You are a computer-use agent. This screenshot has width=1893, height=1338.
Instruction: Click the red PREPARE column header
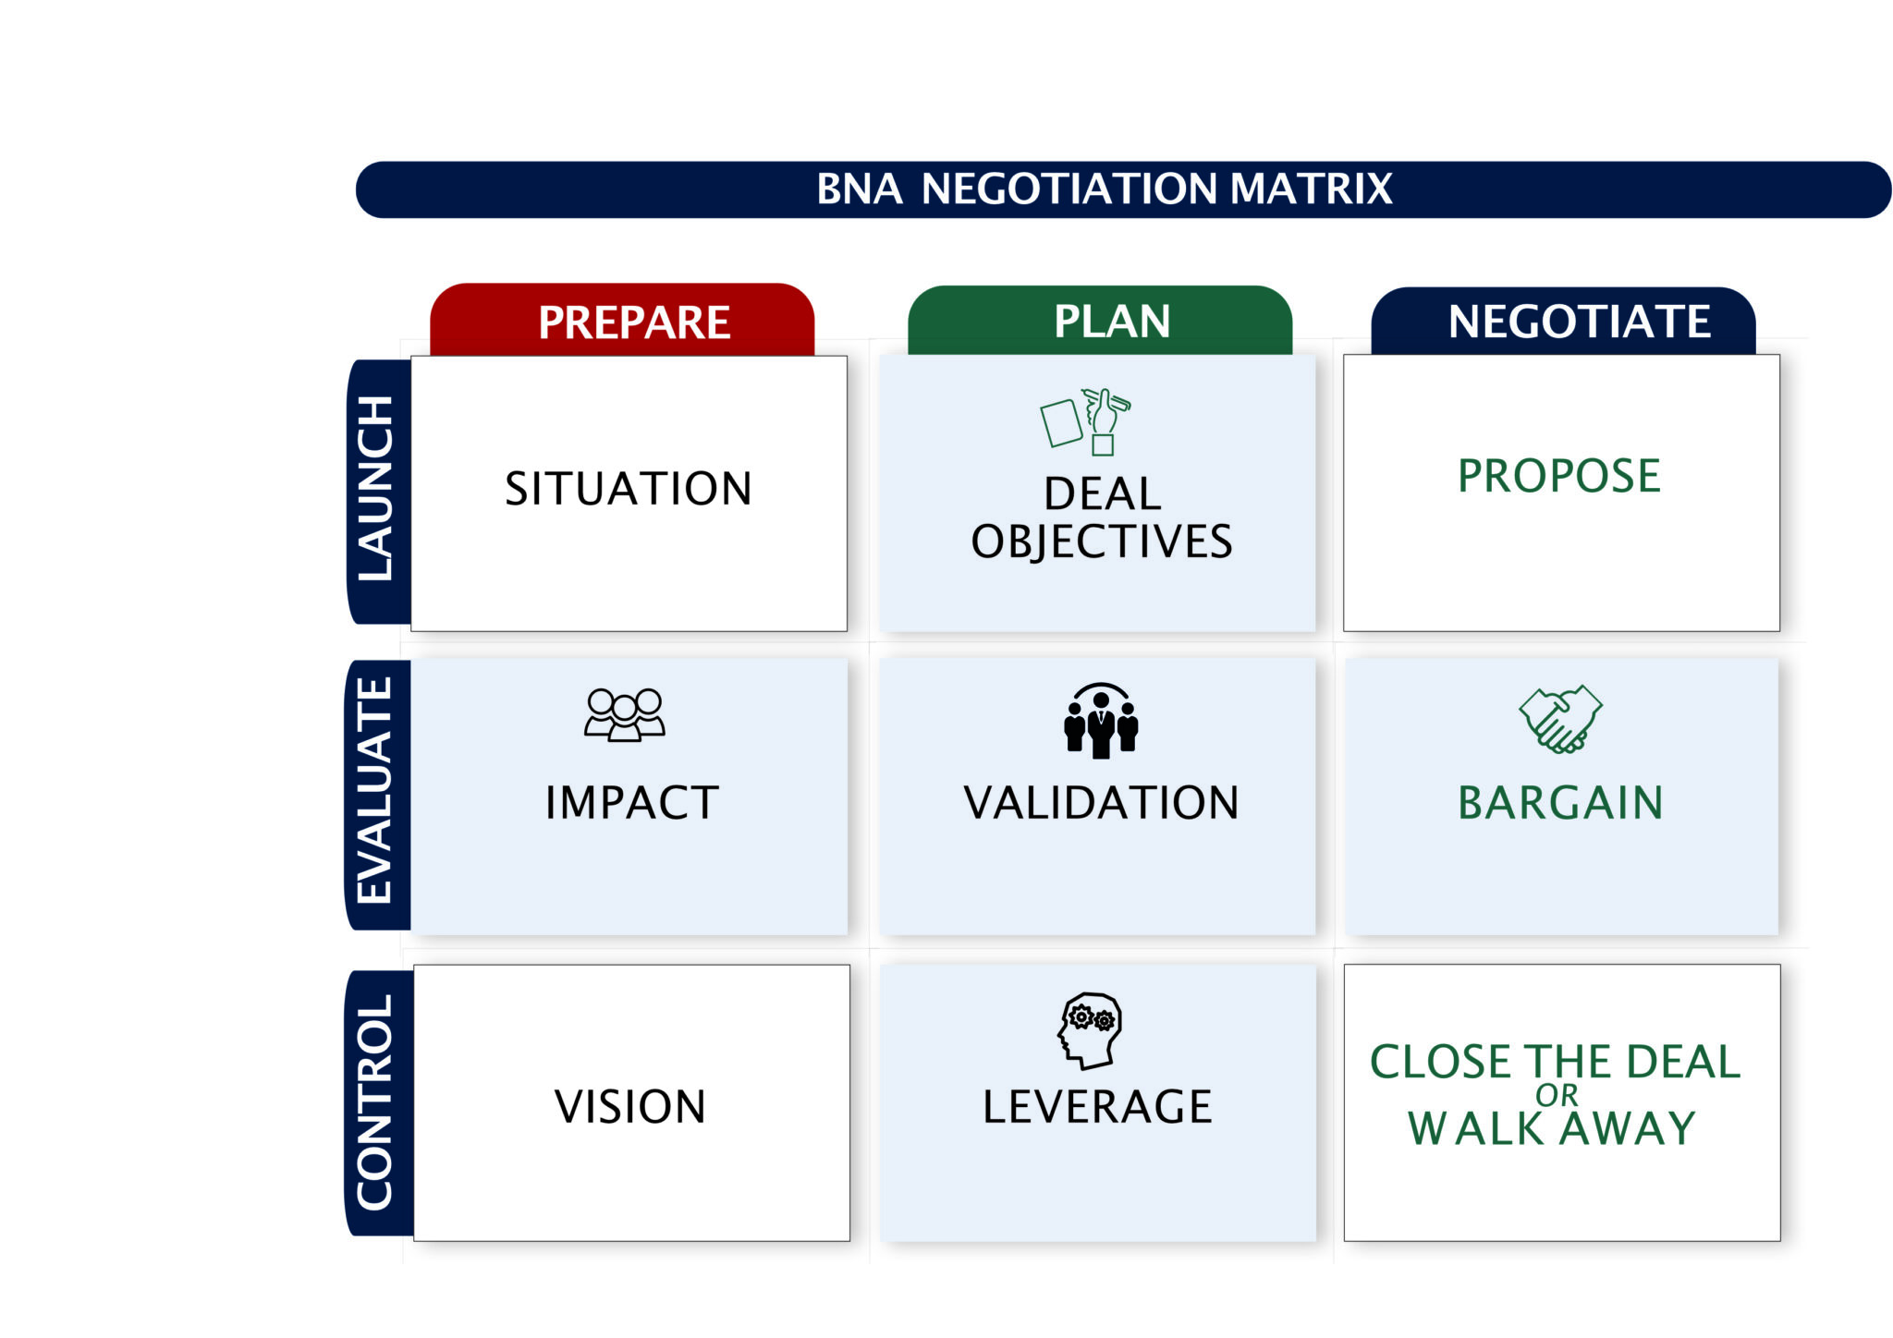pyautogui.click(x=634, y=322)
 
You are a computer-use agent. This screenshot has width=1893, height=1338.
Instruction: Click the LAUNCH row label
pyautogui.click(x=376, y=489)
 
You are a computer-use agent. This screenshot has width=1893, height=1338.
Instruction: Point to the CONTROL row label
pyautogui.click(x=376, y=1101)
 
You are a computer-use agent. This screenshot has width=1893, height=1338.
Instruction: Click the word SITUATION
pyautogui.click(x=629, y=489)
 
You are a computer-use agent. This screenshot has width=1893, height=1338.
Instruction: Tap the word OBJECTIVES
pyautogui.click(x=1101, y=541)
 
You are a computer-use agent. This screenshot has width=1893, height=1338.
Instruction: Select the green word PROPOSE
pyautogui.click(x=1559, y=476)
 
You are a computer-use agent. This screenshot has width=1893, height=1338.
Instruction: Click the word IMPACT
pyautogui.click(x=631, y=802)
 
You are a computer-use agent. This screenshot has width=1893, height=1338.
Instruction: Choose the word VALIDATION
pyautogui.click(x=1101, y=802)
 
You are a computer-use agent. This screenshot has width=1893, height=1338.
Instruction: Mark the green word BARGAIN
pyautogui.click(x=1560, y=802)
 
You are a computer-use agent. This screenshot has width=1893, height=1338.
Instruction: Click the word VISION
pyautogui.click(x=630, y=1106)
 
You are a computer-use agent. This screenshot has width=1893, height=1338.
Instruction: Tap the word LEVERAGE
pyautogui.click(x=1097, y=1106)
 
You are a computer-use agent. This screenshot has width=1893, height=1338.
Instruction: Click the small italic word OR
pyautogui.click(x=1557, y=1096)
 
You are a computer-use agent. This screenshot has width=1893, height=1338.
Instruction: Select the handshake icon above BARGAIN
pyautogui.click(x=1560, y=719)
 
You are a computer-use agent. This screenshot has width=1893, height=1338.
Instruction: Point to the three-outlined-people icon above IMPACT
pyautogui.click(x=625, y=714)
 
